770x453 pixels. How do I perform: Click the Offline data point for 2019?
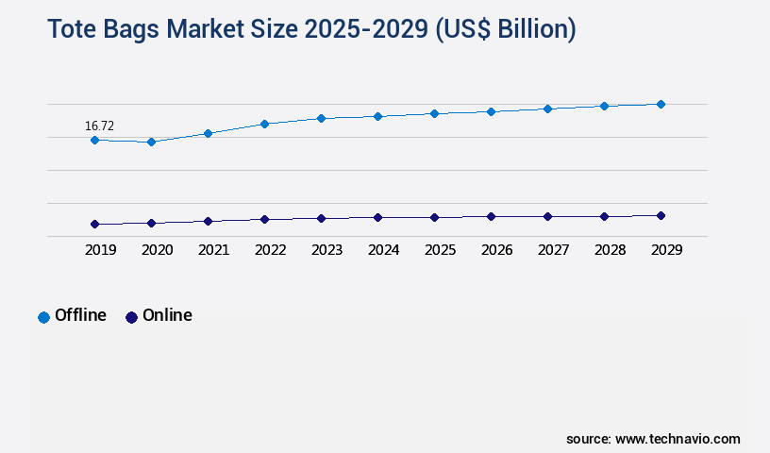point(94,140)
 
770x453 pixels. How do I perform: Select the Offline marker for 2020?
point(151,142)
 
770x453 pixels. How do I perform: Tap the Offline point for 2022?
point(264,124)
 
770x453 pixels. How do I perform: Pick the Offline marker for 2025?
point(434,113)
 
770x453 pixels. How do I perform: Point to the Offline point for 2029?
point(661,104)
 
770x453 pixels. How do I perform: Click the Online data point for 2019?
point(94,224)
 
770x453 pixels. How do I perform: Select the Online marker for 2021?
point(208,221)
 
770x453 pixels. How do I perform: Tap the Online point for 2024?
point(377,217)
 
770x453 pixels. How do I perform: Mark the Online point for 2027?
point(547,216)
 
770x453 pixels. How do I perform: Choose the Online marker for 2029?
point(661,215)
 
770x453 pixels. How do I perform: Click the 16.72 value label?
point(99,125)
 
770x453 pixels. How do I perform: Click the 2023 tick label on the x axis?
point(326,250)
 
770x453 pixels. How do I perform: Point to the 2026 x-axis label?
point(496,250)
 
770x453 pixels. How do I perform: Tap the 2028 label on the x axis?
point(610,250)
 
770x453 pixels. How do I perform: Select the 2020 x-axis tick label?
point(157,250)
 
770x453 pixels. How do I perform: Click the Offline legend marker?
point(43,317)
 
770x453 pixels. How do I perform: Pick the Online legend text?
point(167,315)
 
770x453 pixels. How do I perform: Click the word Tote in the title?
point(72,29)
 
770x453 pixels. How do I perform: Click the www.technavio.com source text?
point(678,439)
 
